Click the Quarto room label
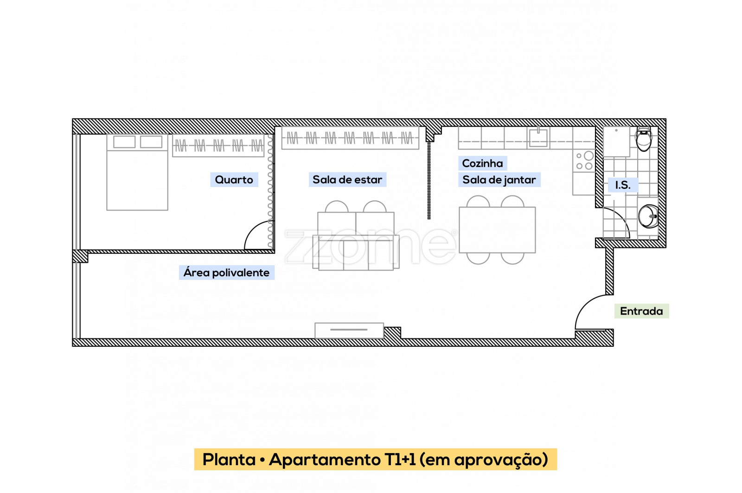(x=234, y=180)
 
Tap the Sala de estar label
(x=347, y=180)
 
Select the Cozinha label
(x=482, y=163)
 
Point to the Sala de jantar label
(x=499, y=180)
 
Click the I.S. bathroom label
(x=623, y=185)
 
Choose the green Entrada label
(x=642, y=311)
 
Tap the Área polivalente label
(x=227, y=272)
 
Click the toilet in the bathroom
(x=644, y=139)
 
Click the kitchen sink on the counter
(x=538, y=137)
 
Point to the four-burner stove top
(x=584, y=161)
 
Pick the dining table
(x=497, y=230)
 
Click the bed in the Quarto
(x=137, y=172)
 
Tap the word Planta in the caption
(x=229, y=459)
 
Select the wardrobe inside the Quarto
(x=218, y=145)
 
